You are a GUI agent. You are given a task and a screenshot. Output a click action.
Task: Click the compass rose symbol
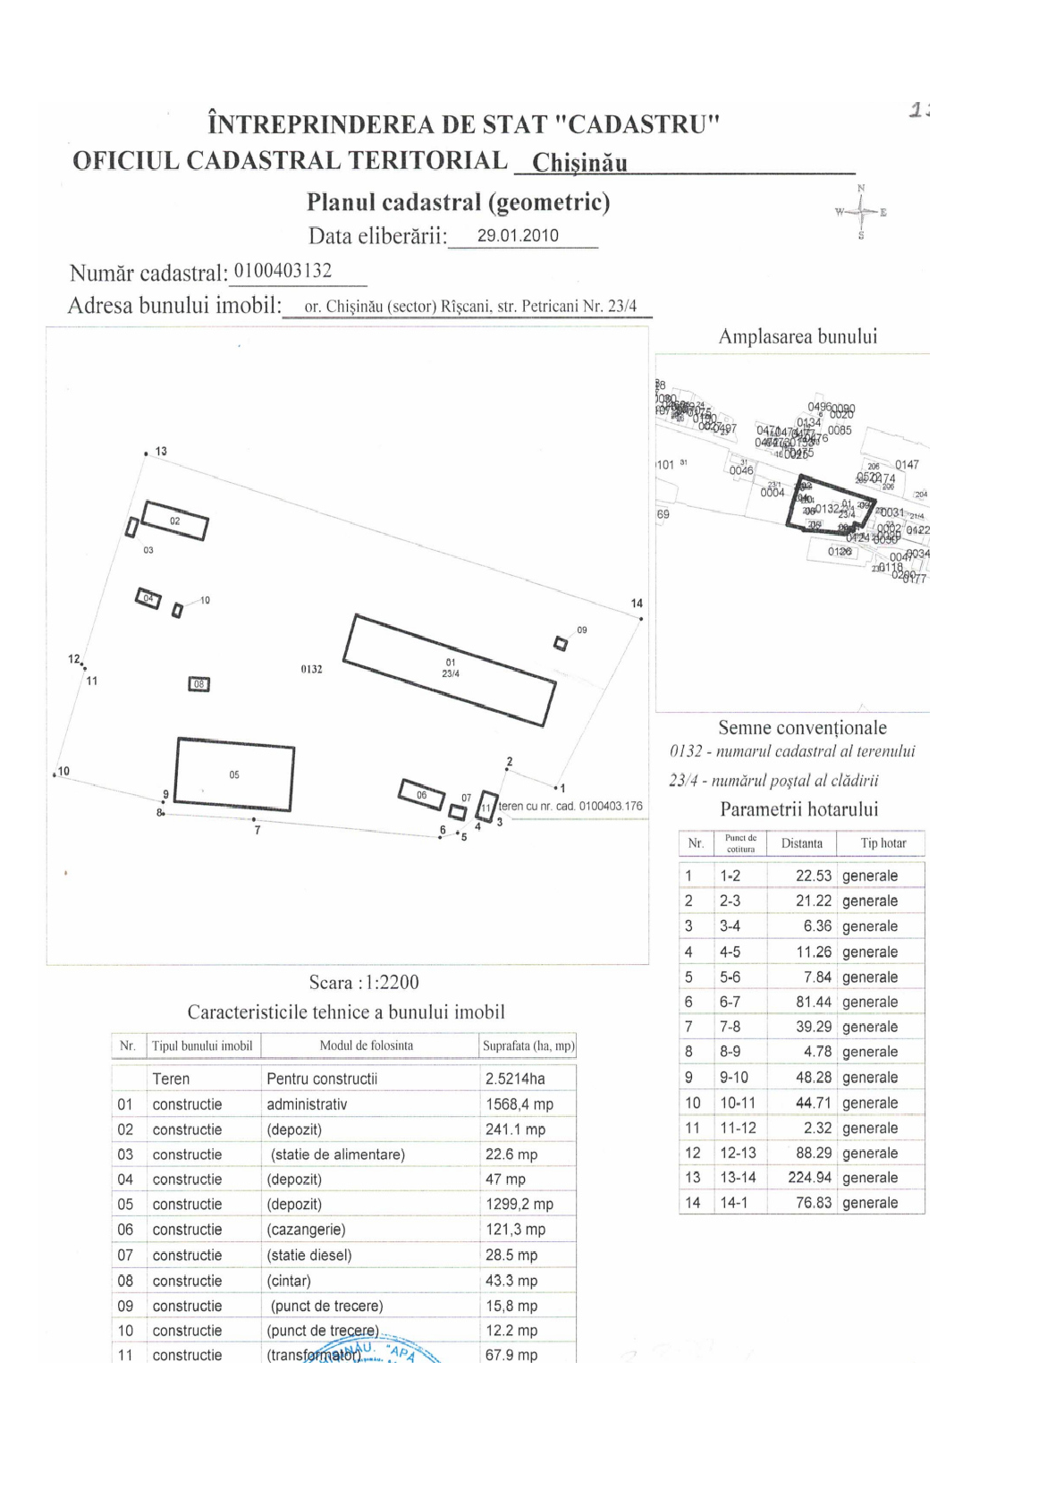(861, 212)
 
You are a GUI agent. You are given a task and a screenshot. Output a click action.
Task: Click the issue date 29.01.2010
(518, 236)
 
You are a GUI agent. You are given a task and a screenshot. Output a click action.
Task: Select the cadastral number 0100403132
(283, 271)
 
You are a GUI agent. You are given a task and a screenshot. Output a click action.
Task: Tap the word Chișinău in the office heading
(579, 164)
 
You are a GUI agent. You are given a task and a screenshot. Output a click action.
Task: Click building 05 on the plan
(234, 774)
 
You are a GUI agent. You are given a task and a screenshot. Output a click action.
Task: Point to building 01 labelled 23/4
(450, 669)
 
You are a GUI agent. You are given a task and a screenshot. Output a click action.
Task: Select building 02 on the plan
(175, 521)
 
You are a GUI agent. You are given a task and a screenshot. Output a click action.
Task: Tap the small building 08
(198, 684)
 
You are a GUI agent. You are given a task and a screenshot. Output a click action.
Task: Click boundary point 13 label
(161, 452)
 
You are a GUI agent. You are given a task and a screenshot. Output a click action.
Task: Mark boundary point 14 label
(637, 604)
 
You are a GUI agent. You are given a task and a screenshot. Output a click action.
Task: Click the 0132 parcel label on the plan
(311, 669)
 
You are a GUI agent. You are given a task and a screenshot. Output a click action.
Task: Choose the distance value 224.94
(809, 1178)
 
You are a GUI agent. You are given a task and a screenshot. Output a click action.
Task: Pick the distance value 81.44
(813, 1003)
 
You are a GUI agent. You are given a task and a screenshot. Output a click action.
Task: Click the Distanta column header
(801, 843)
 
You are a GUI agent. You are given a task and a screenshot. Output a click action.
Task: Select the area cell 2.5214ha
(515, 1079)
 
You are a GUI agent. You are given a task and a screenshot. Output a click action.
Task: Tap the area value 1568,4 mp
(519, 1104)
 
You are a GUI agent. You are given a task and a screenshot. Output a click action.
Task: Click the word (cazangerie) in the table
(306, 1230)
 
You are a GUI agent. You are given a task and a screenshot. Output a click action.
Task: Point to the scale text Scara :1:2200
(364, 983)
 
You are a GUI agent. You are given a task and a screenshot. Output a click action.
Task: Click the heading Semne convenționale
(802, 728)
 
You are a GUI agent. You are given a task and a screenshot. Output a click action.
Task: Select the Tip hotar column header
(882, 843)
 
